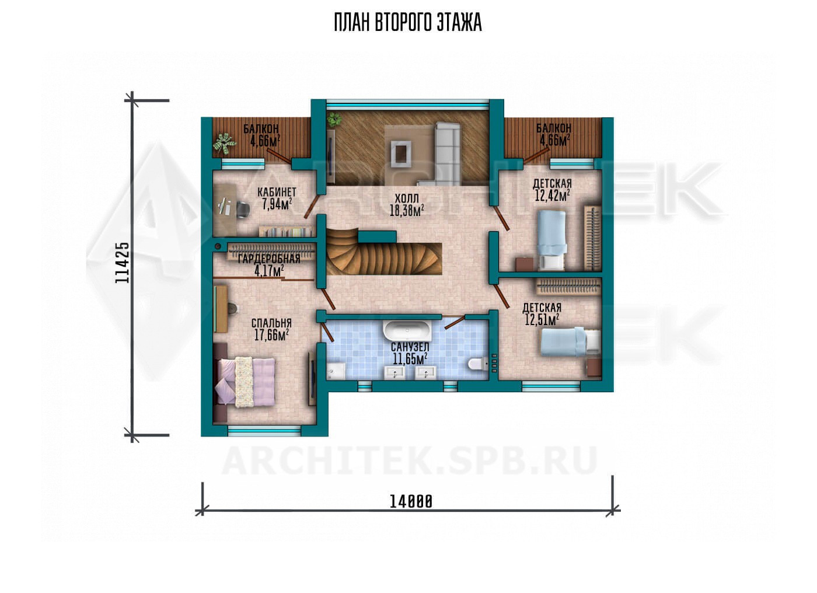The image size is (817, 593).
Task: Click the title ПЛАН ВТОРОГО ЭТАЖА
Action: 408,23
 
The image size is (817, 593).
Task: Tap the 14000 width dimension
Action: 411,502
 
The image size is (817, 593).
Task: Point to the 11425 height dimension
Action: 122,262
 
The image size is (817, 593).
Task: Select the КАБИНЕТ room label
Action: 277,192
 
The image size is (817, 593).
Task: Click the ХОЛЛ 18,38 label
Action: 407,204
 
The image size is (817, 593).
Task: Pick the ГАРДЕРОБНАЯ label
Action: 269,259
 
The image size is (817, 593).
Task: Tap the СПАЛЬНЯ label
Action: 272,323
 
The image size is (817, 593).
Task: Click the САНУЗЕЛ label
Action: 410,347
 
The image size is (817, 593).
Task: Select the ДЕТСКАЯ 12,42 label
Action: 552,190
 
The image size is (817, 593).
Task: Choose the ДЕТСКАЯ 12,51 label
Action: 542,313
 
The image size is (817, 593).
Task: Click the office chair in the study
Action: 243,209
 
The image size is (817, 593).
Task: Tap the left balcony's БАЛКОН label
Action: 261,128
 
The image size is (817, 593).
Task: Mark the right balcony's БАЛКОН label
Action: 554,128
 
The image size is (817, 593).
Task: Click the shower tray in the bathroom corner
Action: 336,371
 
